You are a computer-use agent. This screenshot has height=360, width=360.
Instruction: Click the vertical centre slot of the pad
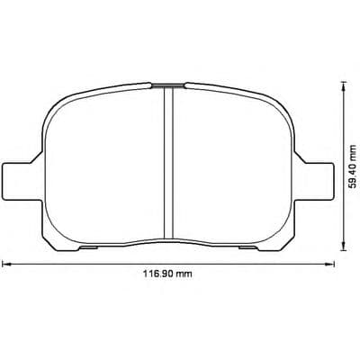coord(166,162)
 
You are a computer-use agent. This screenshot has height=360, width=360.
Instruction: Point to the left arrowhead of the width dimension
coord(5,264)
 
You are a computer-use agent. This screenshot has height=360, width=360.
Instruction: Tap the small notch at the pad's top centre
coord(166,85)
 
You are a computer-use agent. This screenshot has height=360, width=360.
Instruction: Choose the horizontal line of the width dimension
coord(90,264)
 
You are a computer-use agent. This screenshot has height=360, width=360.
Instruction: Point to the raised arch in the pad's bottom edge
coord(166,241)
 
